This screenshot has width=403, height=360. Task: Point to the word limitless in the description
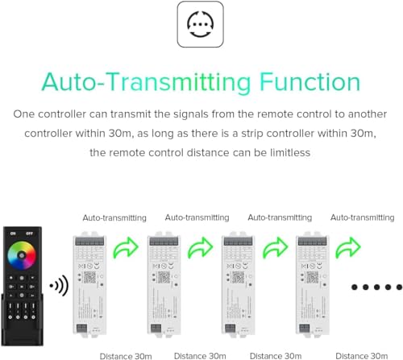point(285,152)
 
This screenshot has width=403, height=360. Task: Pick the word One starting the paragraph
point(24,115)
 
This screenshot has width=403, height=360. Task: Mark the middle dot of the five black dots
point(376,287)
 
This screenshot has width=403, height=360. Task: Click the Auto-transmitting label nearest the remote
point(114,217)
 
